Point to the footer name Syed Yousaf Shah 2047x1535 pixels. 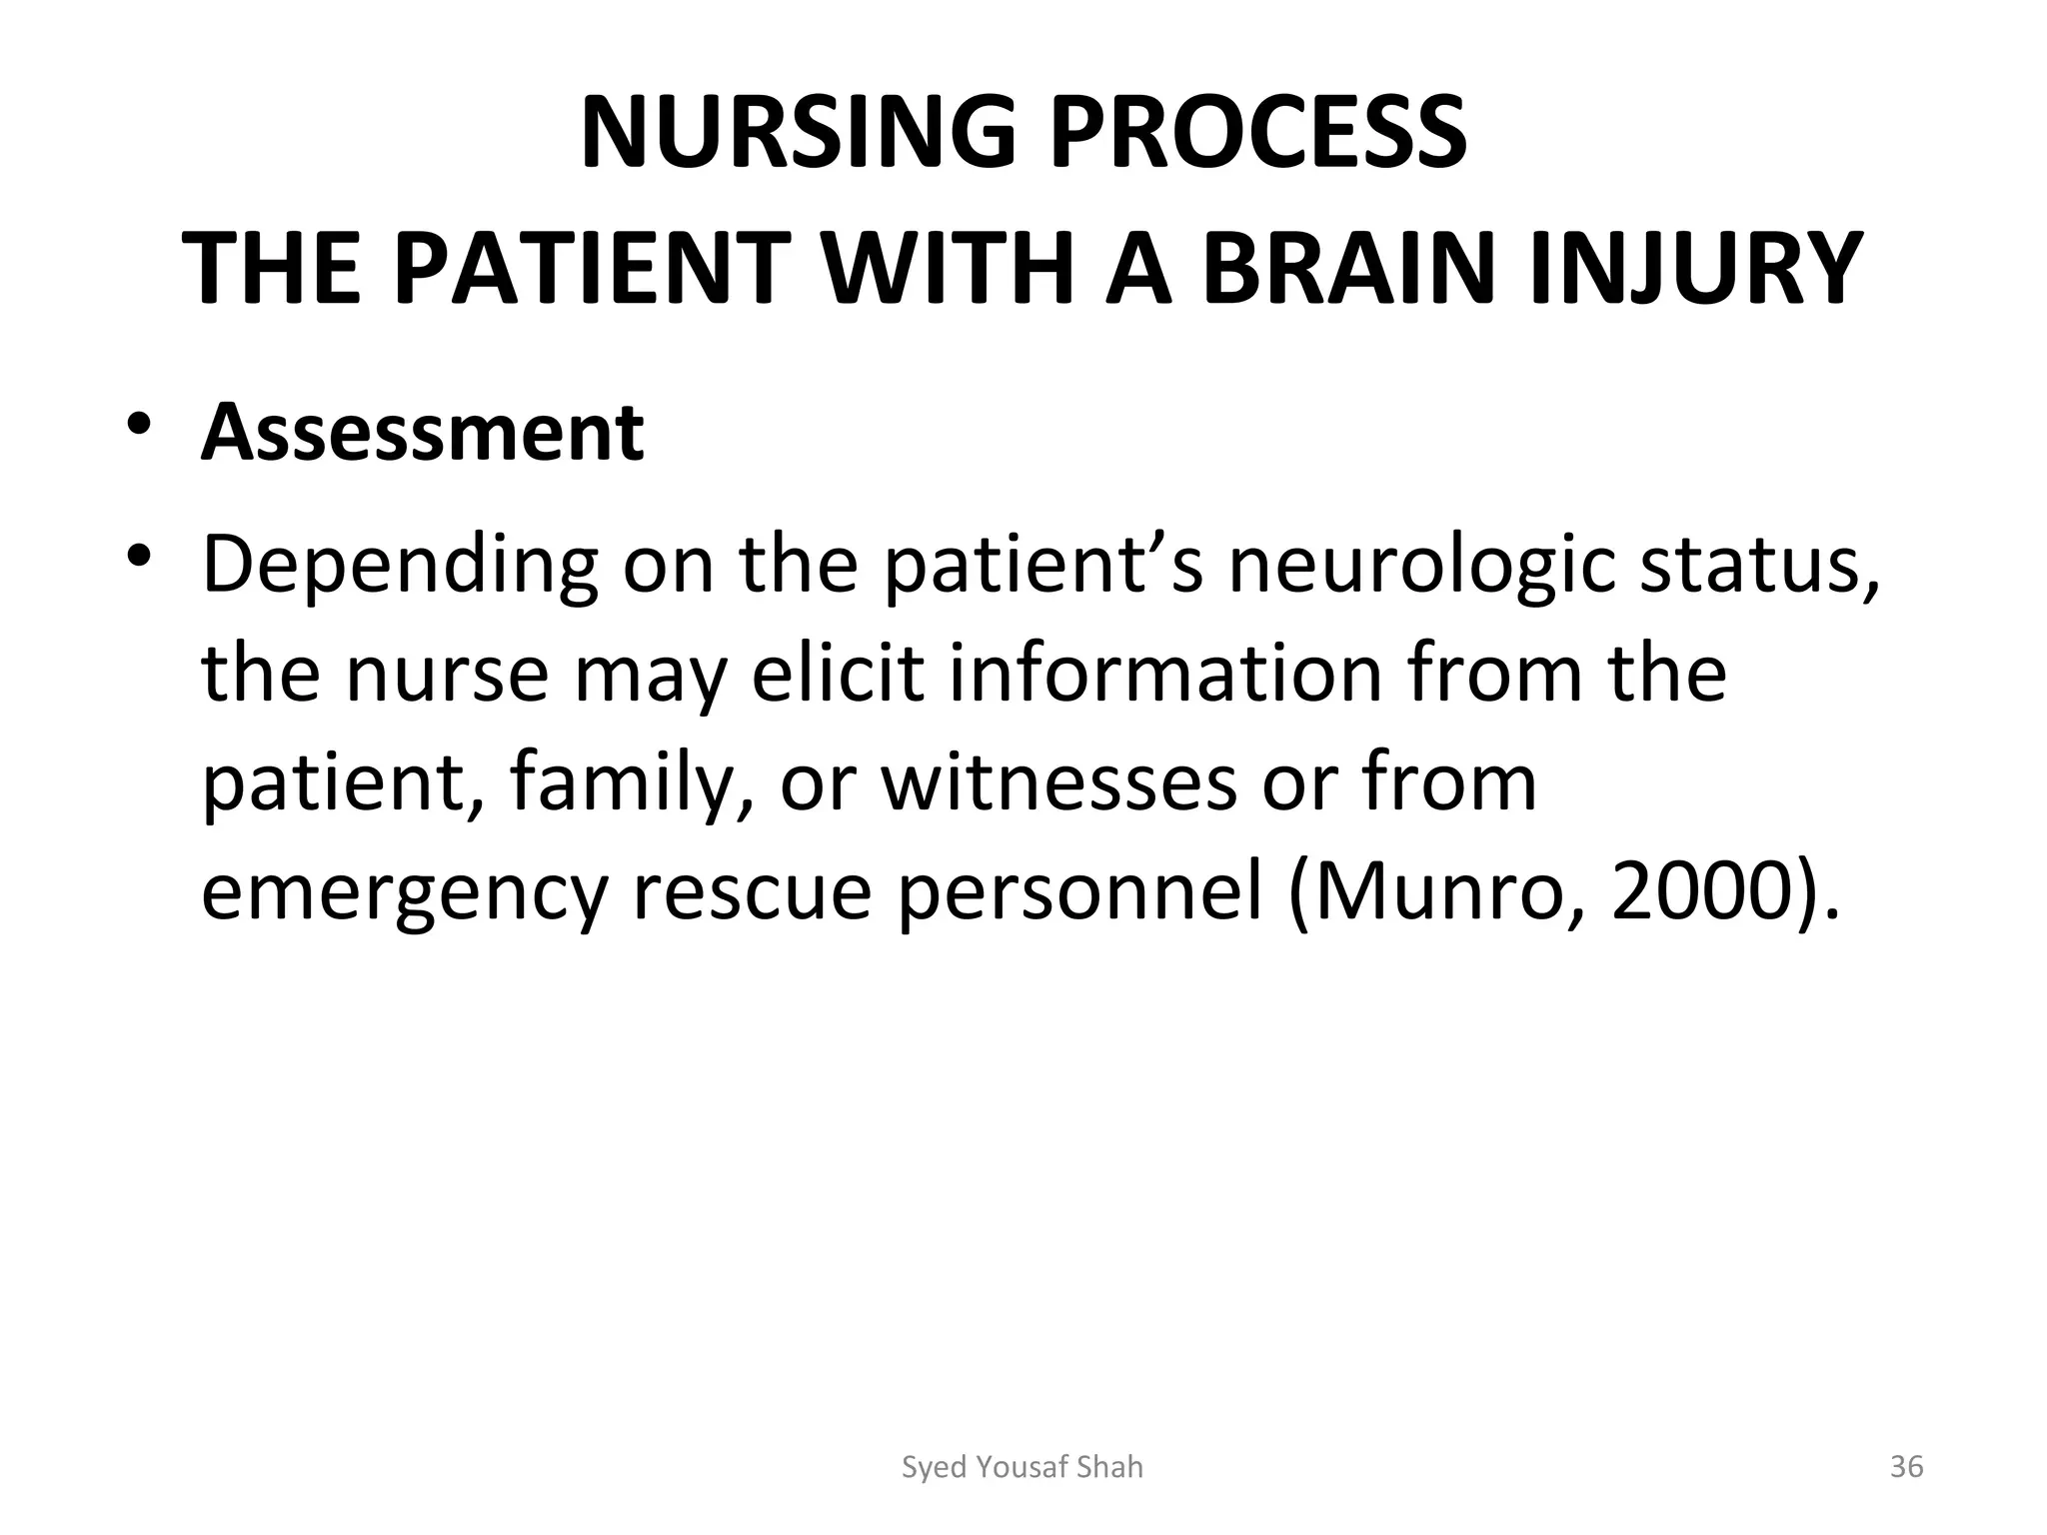pos(1022,1467)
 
